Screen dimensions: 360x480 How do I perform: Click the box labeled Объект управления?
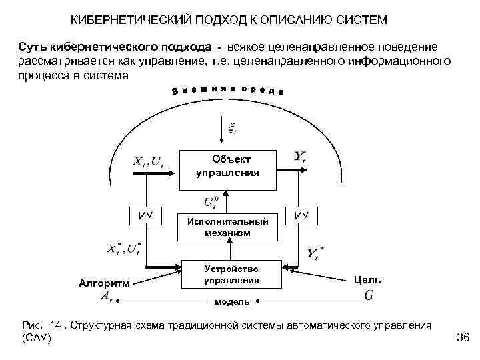point(227,165)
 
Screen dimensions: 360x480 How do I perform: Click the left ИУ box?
point(145,215)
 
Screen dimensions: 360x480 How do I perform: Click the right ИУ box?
point(302,215)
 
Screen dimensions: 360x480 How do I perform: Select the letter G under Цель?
point(368,295)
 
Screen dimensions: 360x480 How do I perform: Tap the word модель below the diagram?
point(232,302)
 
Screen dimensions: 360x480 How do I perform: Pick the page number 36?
point(463,338)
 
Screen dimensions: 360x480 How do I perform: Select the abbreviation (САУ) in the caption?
point(37,339)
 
